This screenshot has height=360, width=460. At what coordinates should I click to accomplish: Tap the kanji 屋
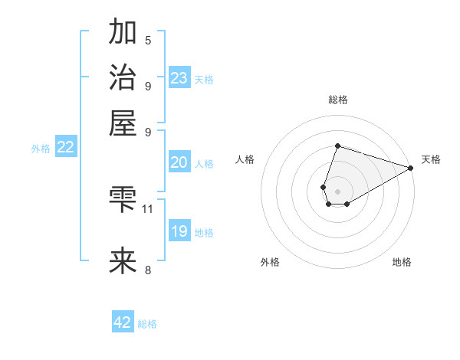pos(123,123)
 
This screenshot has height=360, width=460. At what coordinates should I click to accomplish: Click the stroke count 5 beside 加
pos(148,41)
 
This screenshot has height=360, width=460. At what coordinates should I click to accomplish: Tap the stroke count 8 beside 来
pos(148,270)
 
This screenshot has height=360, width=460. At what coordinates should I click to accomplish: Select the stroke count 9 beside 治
pos(148,86)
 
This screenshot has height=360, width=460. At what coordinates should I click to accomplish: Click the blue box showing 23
pos(179,78)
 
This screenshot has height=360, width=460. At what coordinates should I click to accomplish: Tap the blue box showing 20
pos(179,162)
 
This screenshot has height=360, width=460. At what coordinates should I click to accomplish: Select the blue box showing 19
pos(179,231)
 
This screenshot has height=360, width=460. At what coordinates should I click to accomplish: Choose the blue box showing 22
pos(65,148)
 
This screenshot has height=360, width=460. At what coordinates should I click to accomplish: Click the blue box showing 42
pos(123,322)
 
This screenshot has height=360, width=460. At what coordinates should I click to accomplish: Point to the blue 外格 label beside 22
pos(41,149)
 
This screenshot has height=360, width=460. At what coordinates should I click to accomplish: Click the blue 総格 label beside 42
pos(147,324)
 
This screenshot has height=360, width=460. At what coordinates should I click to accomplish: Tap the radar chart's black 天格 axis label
pos(431,159)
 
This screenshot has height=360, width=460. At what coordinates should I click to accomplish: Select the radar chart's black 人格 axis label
pos(245,159)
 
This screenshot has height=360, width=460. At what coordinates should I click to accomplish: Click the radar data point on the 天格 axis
pos(411,168)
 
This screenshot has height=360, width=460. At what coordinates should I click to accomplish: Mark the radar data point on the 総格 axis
pos(337,146)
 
